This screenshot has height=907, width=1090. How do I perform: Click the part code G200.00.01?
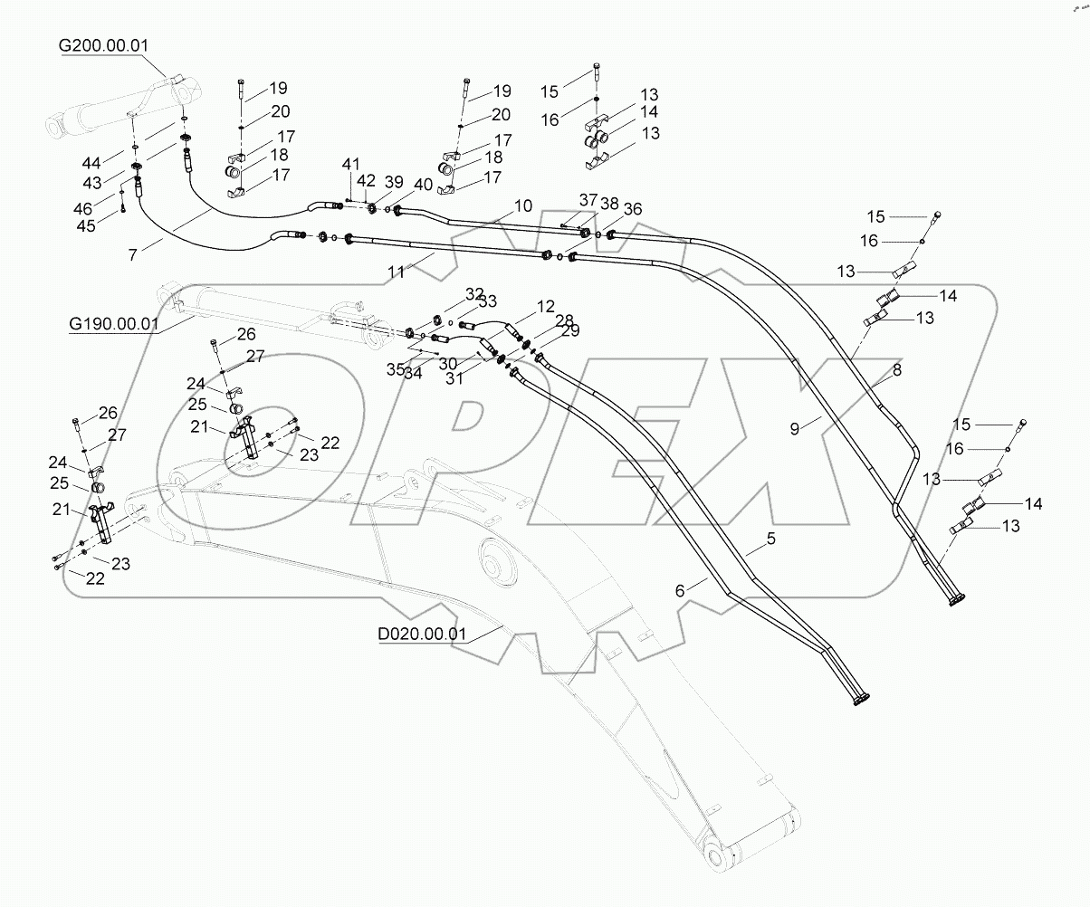[x=104, y=45]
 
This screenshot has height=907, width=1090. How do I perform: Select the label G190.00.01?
[x=113, y=323]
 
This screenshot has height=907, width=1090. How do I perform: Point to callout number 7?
[x=133, y=255]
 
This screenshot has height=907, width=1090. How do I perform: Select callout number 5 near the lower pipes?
[x=771, y=539]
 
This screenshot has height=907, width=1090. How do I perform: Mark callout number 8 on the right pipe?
[x=897, y=369]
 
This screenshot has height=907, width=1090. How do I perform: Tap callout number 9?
[x=795, y=429]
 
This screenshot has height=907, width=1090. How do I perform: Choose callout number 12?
[x=545, y=308]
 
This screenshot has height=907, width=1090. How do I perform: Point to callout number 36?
[x=633, y=209]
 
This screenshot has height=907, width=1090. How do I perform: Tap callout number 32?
[x=475, y=294]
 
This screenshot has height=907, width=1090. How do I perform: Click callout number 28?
[x=564, y=320]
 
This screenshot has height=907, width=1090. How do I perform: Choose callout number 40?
[x=423, y=185]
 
